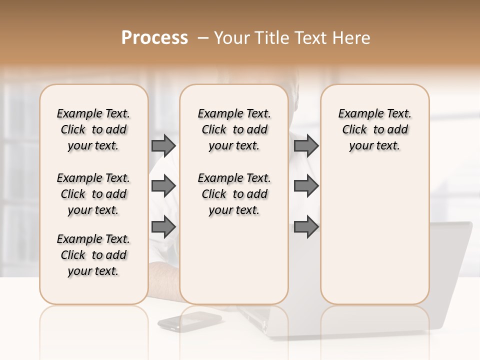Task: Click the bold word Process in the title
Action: click(154, 38)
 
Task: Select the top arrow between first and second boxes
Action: click(163, 145)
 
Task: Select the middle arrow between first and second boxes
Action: click(163, 186)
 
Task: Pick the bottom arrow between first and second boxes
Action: click(163, 227)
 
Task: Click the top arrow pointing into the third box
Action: click(306, 145)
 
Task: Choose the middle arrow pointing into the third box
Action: click(306, 186)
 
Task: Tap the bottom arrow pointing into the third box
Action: click(306, 227)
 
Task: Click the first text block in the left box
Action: click(93, 129)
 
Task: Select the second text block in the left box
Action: click(93, 194)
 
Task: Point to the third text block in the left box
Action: click(93, 255)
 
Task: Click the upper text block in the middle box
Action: click(234, 129)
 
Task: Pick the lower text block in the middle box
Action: click(234, 194)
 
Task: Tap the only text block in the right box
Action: click(374, 129)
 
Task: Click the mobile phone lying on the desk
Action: click(190, 321)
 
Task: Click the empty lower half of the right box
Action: click(374, 240)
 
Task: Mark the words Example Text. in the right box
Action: click(374, 113)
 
